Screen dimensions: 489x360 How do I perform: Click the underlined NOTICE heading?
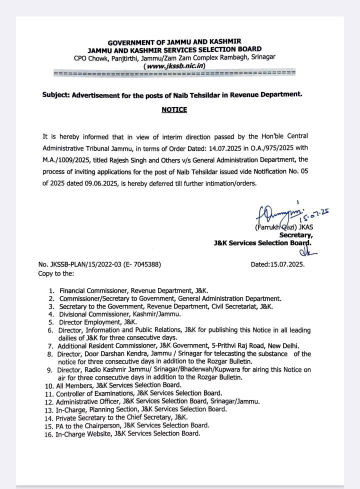coord(174,109)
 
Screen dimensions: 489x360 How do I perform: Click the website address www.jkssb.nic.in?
coord(174,65)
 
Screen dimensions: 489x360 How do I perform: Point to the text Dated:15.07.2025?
coord(277,265)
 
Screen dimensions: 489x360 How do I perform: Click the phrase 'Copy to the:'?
coord(56,273)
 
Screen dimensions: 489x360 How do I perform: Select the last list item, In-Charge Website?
coord(128,433)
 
